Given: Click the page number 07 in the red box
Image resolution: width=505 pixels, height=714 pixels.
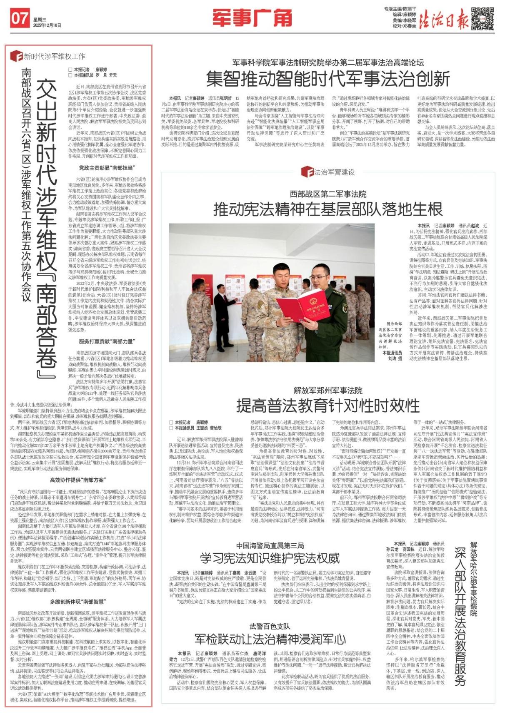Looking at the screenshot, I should (x=20, y=19).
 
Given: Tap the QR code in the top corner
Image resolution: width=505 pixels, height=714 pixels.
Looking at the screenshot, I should (x=482, y=18).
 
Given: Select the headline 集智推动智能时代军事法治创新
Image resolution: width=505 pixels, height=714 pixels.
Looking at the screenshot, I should (x=328, y=78).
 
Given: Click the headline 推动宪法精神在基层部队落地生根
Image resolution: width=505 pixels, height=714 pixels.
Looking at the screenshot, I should (x=327, y=209).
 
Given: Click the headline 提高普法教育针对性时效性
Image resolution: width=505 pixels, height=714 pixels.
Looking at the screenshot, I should (x=327, y=405).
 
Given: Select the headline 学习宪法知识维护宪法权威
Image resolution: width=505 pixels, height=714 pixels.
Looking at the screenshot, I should (x=270, y=558).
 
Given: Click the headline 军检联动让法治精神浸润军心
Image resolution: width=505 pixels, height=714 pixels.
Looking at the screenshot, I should (x=270, y=639).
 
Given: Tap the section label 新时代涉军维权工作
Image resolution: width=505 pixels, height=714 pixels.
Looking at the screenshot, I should (x=54, y=56).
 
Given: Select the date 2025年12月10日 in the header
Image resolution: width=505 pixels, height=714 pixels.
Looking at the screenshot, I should (x=47, y=25).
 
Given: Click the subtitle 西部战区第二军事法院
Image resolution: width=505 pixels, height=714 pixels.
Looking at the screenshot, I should (x=328, y=194).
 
